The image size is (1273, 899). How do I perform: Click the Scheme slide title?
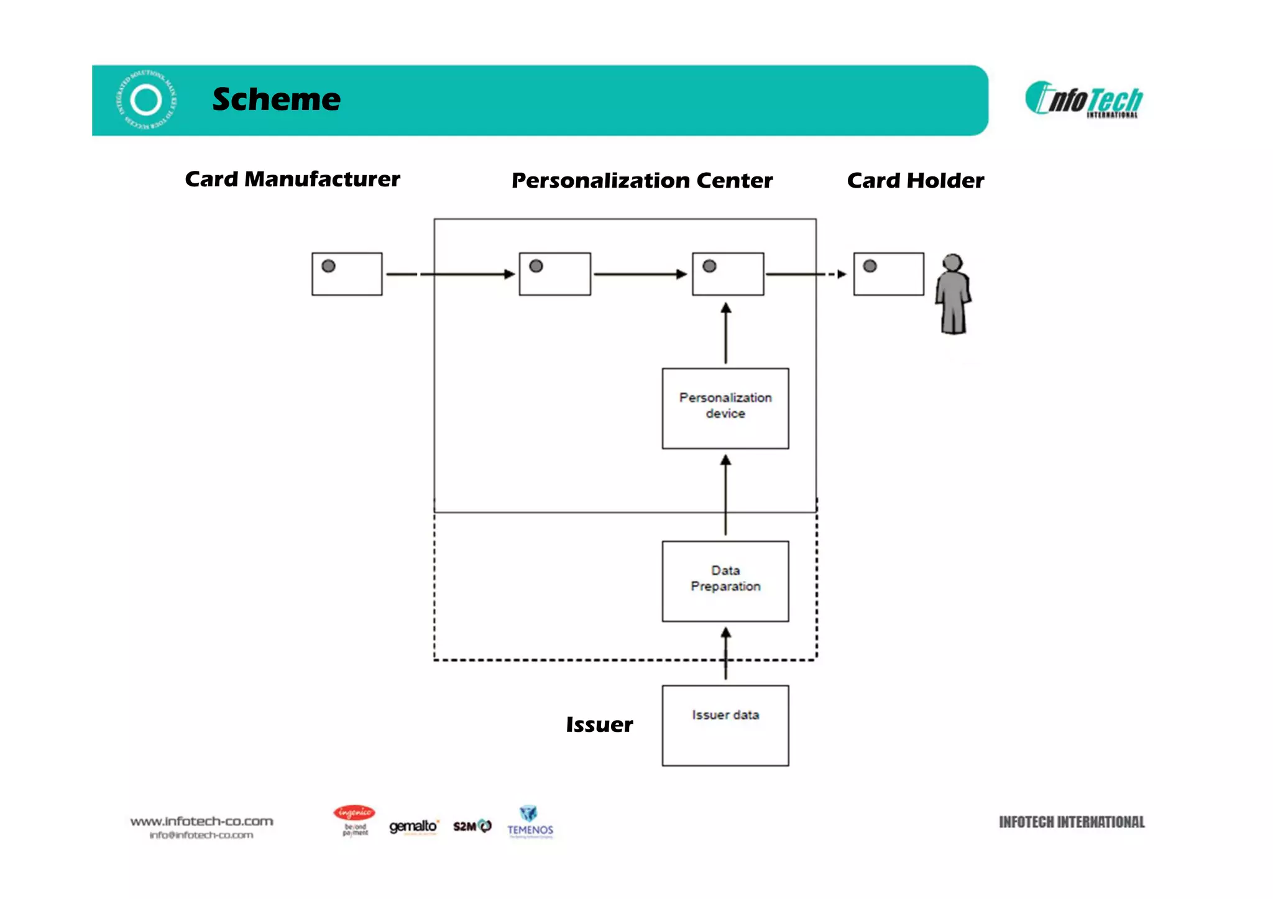tap(276, 99)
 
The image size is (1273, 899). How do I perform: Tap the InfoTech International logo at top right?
tap(1084, 99)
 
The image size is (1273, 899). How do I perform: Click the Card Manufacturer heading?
tap(292, 179)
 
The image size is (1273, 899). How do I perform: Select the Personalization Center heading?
tap(641, 180)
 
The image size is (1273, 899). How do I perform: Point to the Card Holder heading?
tap(915, 180)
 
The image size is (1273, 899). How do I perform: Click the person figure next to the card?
tap(952, 294)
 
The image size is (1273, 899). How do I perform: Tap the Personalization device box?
tap(725, 408)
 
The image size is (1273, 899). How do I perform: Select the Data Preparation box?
tap(725, 581)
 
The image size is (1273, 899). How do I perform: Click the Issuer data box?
tap(725, 725)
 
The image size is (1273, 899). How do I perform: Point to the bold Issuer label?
tap(599, 724)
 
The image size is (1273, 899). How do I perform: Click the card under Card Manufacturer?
tap(347, 274)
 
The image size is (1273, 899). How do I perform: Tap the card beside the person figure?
tap(888, 274)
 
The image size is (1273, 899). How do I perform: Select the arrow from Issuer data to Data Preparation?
tap(725, 654)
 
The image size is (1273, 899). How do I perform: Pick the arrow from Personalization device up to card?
tap(725, 334)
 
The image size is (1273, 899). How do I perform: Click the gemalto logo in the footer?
tap(413, 826)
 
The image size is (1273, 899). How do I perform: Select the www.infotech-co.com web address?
tap(201, 821)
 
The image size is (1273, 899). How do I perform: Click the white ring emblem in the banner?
tap(147, 100)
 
